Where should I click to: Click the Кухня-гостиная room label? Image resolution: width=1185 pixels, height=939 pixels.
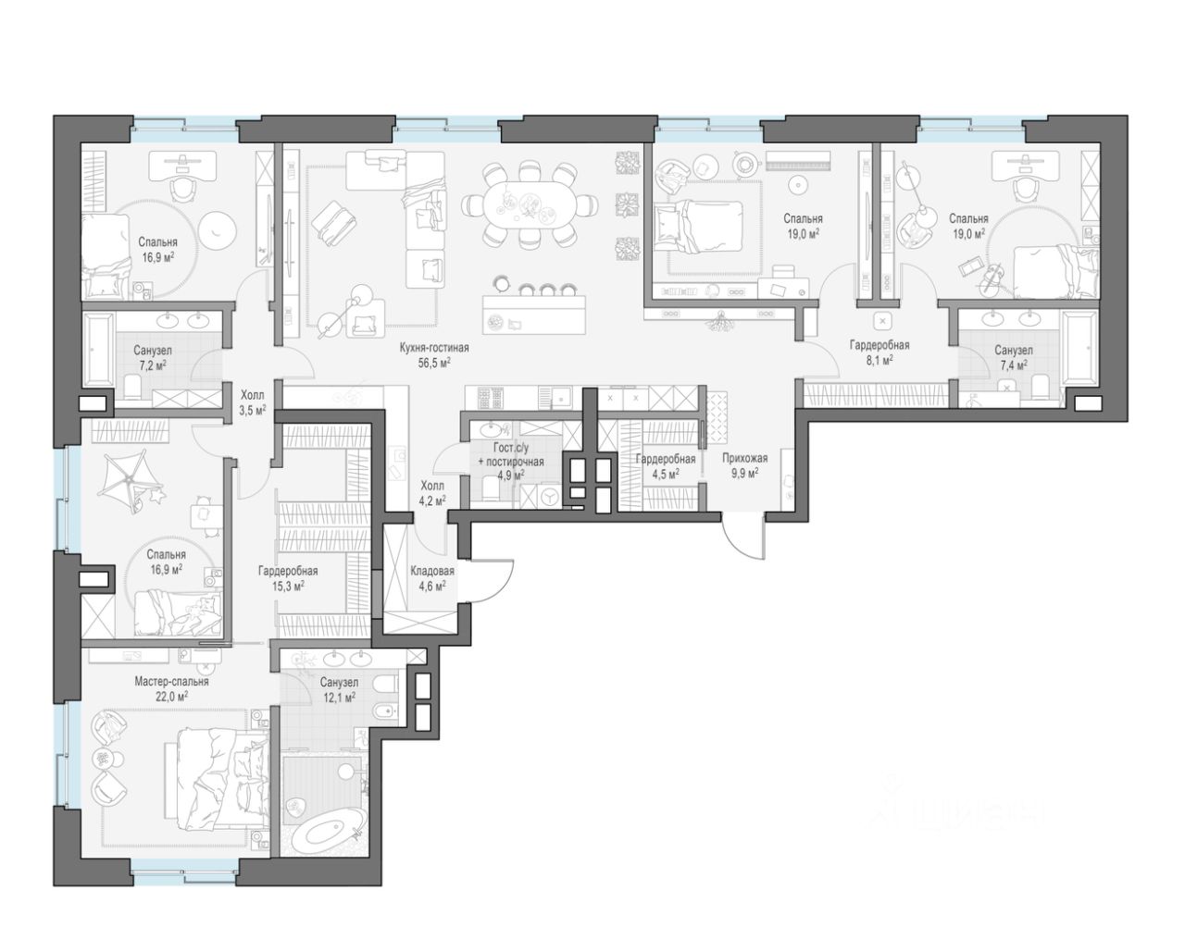coord(434,347)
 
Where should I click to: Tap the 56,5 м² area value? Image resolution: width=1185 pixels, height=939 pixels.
coord(434,362)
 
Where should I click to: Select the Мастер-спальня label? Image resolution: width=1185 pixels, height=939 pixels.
coord(172,682)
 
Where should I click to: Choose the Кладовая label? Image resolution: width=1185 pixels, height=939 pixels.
coord(432,571)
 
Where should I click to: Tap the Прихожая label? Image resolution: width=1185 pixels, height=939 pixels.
coord(744,457)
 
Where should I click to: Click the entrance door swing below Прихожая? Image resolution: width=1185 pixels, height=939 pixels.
coord(743,537)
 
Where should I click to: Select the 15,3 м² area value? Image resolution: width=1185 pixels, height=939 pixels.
coord(288,586)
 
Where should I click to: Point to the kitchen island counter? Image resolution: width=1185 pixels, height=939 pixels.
coord(534,315)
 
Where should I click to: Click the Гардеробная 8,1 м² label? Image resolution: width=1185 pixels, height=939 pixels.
coord(879,352)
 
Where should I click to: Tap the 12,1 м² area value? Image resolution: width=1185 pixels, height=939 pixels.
coord(339,697)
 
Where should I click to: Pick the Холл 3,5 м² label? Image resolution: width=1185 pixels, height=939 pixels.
coord(252,402)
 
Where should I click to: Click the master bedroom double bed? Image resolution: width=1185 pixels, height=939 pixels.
coord(218,777)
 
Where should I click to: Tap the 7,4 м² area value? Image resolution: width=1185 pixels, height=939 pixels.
coord(1014,364)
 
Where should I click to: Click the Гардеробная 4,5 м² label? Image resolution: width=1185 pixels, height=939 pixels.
coord(666,466)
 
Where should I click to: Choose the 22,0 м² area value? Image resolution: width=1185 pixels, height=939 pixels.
coord(171,697)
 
